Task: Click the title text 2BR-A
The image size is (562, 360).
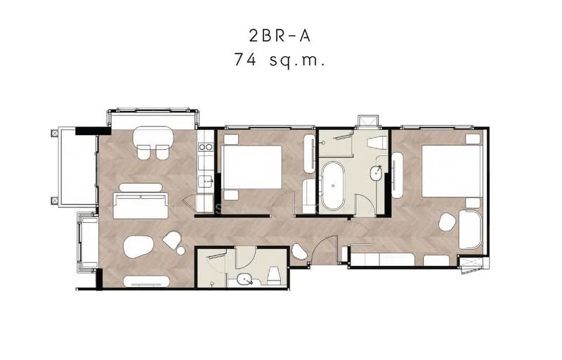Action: pos(279,36)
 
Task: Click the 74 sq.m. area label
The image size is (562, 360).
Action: pos(280,60)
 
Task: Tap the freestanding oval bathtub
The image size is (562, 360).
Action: pos(333,186)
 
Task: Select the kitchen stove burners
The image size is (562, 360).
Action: pos(206,147)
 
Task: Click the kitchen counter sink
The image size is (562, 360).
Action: pos(206,181)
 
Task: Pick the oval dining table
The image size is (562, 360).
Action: pos(153,136)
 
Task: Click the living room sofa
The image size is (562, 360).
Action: pos(140,205)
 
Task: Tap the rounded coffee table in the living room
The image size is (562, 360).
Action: pos(138,247)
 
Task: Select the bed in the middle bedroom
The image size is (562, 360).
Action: pos(252,167)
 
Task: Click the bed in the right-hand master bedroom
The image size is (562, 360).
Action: pos(452,171)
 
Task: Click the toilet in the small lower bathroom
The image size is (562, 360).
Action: pos(274,276)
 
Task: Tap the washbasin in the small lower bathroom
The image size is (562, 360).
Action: pos(244,279)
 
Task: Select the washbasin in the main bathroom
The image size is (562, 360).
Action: pos(376,173)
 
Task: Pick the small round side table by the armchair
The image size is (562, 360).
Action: pos(181,250)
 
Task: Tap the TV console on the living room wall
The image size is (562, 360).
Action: pos(146,281)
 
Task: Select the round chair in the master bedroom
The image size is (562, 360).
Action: pos(447,222)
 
